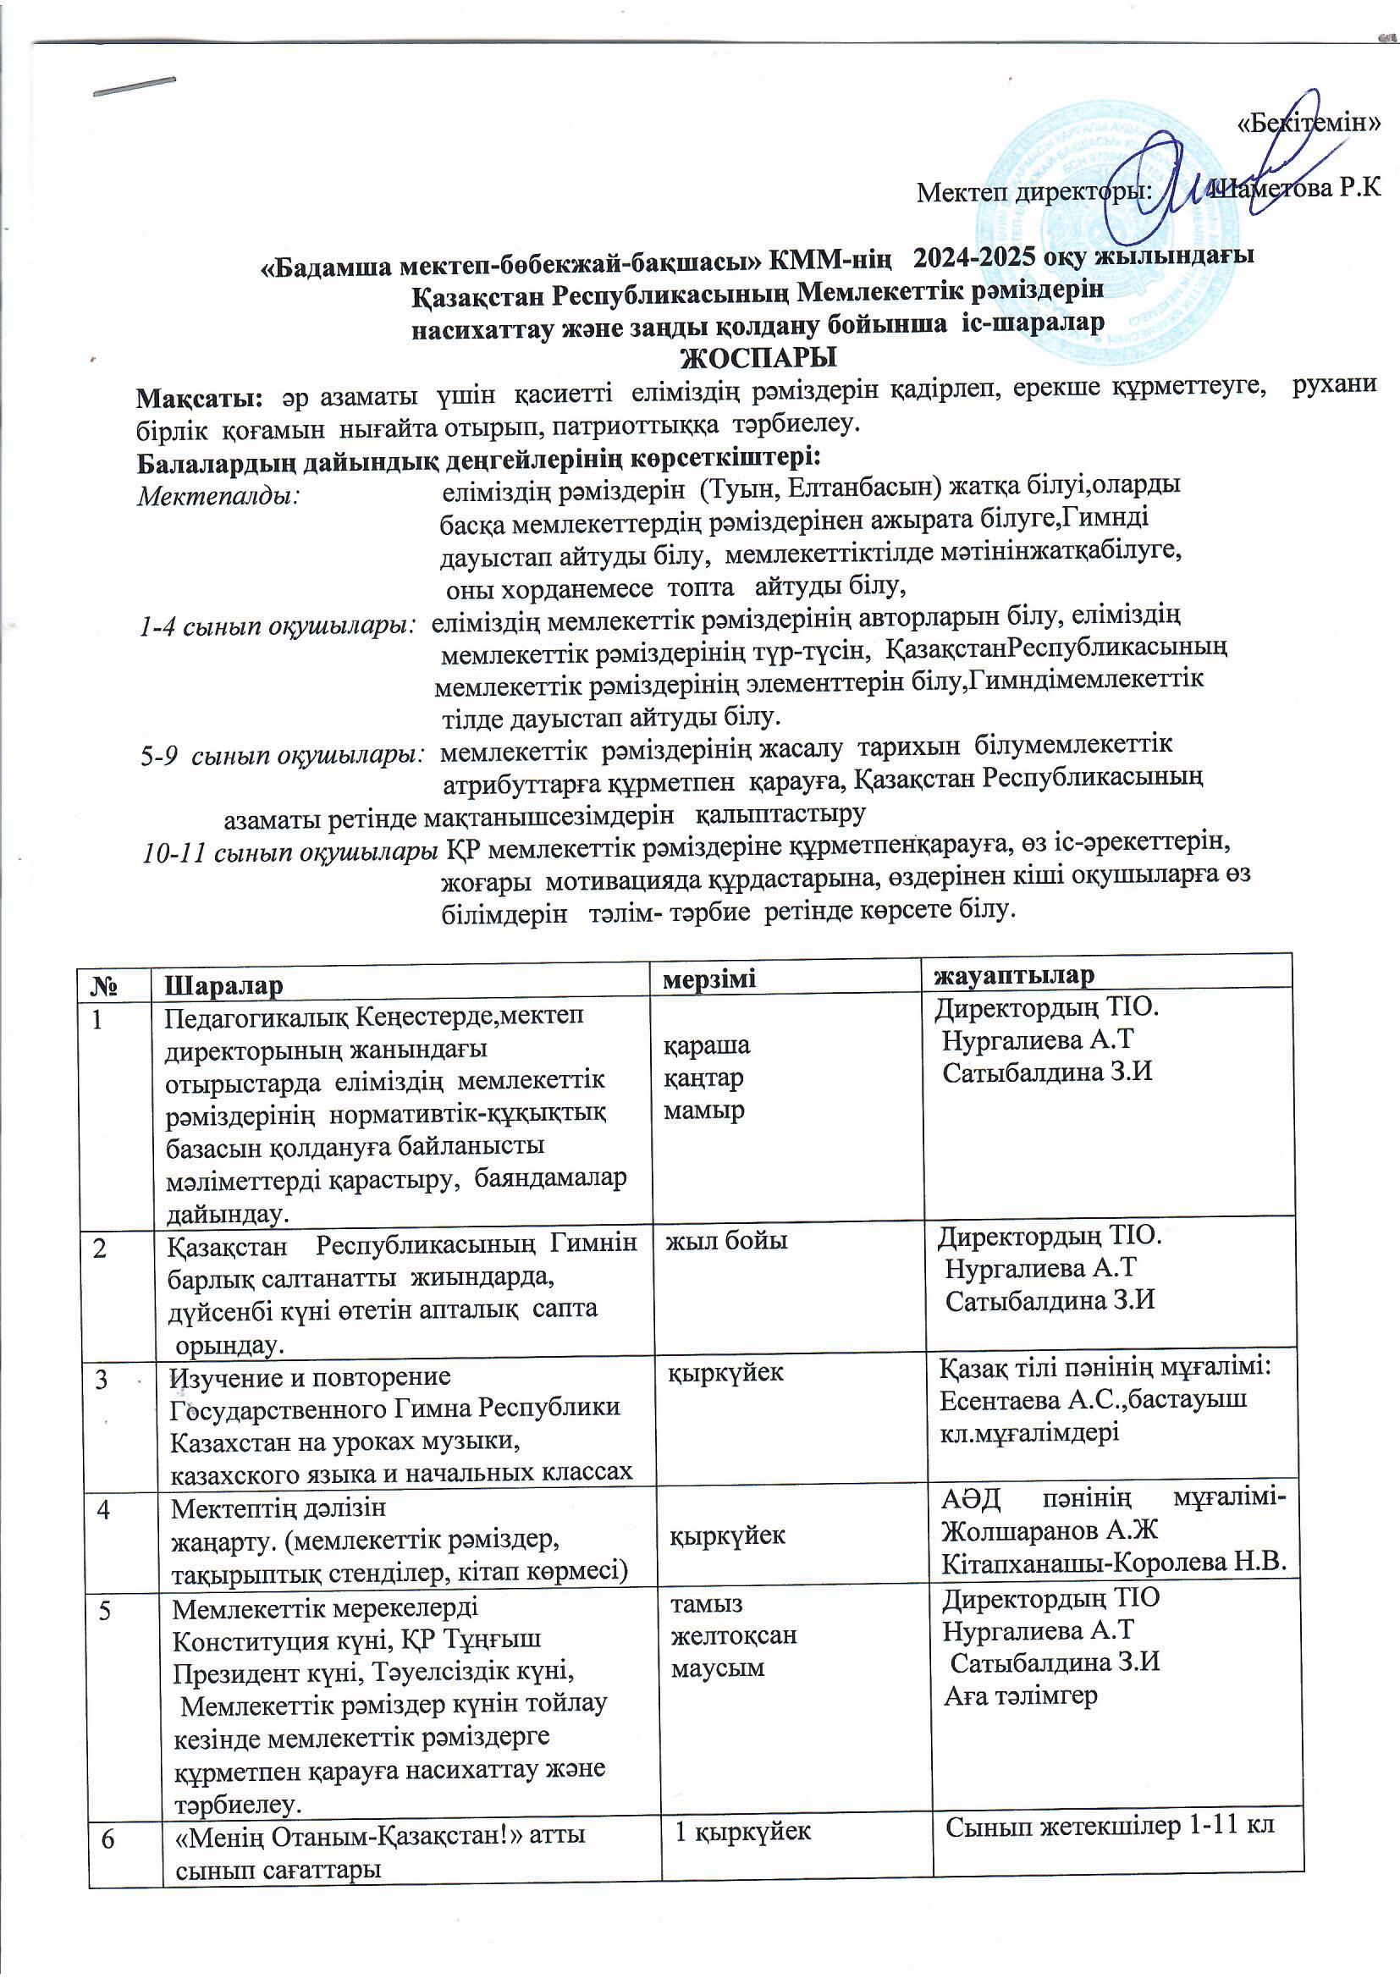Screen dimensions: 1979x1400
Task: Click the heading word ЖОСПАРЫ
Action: tap(760, 355)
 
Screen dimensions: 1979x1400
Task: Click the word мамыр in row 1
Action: tap(703, 1111)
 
